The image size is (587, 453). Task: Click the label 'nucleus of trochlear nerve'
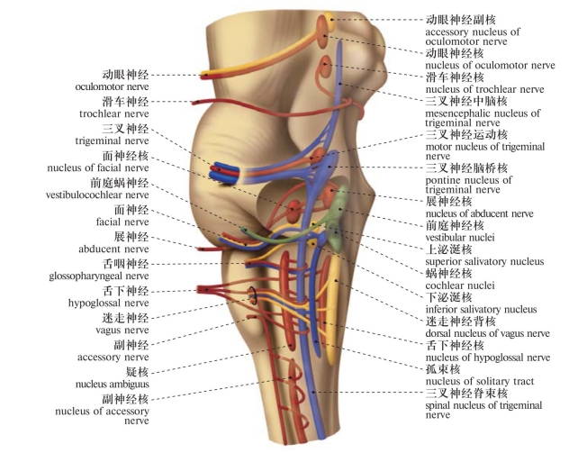(484, 89)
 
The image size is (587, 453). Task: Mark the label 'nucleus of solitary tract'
(479, 381)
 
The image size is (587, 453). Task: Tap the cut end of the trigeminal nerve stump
(221, 170)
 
